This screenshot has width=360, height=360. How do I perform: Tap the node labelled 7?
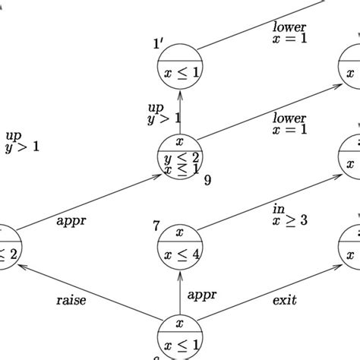click(x=179, y=245)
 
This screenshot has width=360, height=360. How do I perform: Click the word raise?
click(x=71, y=301)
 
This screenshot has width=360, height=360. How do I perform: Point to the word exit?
click(x=284, y=301)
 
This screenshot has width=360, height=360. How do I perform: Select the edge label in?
click(x=278, y=208)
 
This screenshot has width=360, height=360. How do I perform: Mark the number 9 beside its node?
click(x=207, y=181)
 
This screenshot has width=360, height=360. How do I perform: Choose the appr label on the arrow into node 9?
click(x=72, y=223)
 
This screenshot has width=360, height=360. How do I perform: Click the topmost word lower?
click(x=289, y=28)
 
